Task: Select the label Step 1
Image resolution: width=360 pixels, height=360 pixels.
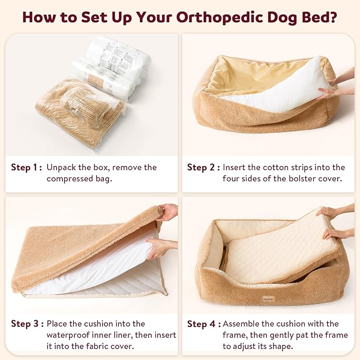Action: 26,168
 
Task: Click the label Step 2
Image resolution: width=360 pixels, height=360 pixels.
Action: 202,168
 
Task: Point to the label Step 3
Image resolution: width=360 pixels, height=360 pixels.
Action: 26,323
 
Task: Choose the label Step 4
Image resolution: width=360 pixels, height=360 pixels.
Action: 202,323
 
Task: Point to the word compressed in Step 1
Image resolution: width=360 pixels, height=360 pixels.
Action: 72,179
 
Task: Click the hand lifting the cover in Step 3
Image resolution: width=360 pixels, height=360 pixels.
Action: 168,212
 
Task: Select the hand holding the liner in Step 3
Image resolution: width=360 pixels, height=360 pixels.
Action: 159,248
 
